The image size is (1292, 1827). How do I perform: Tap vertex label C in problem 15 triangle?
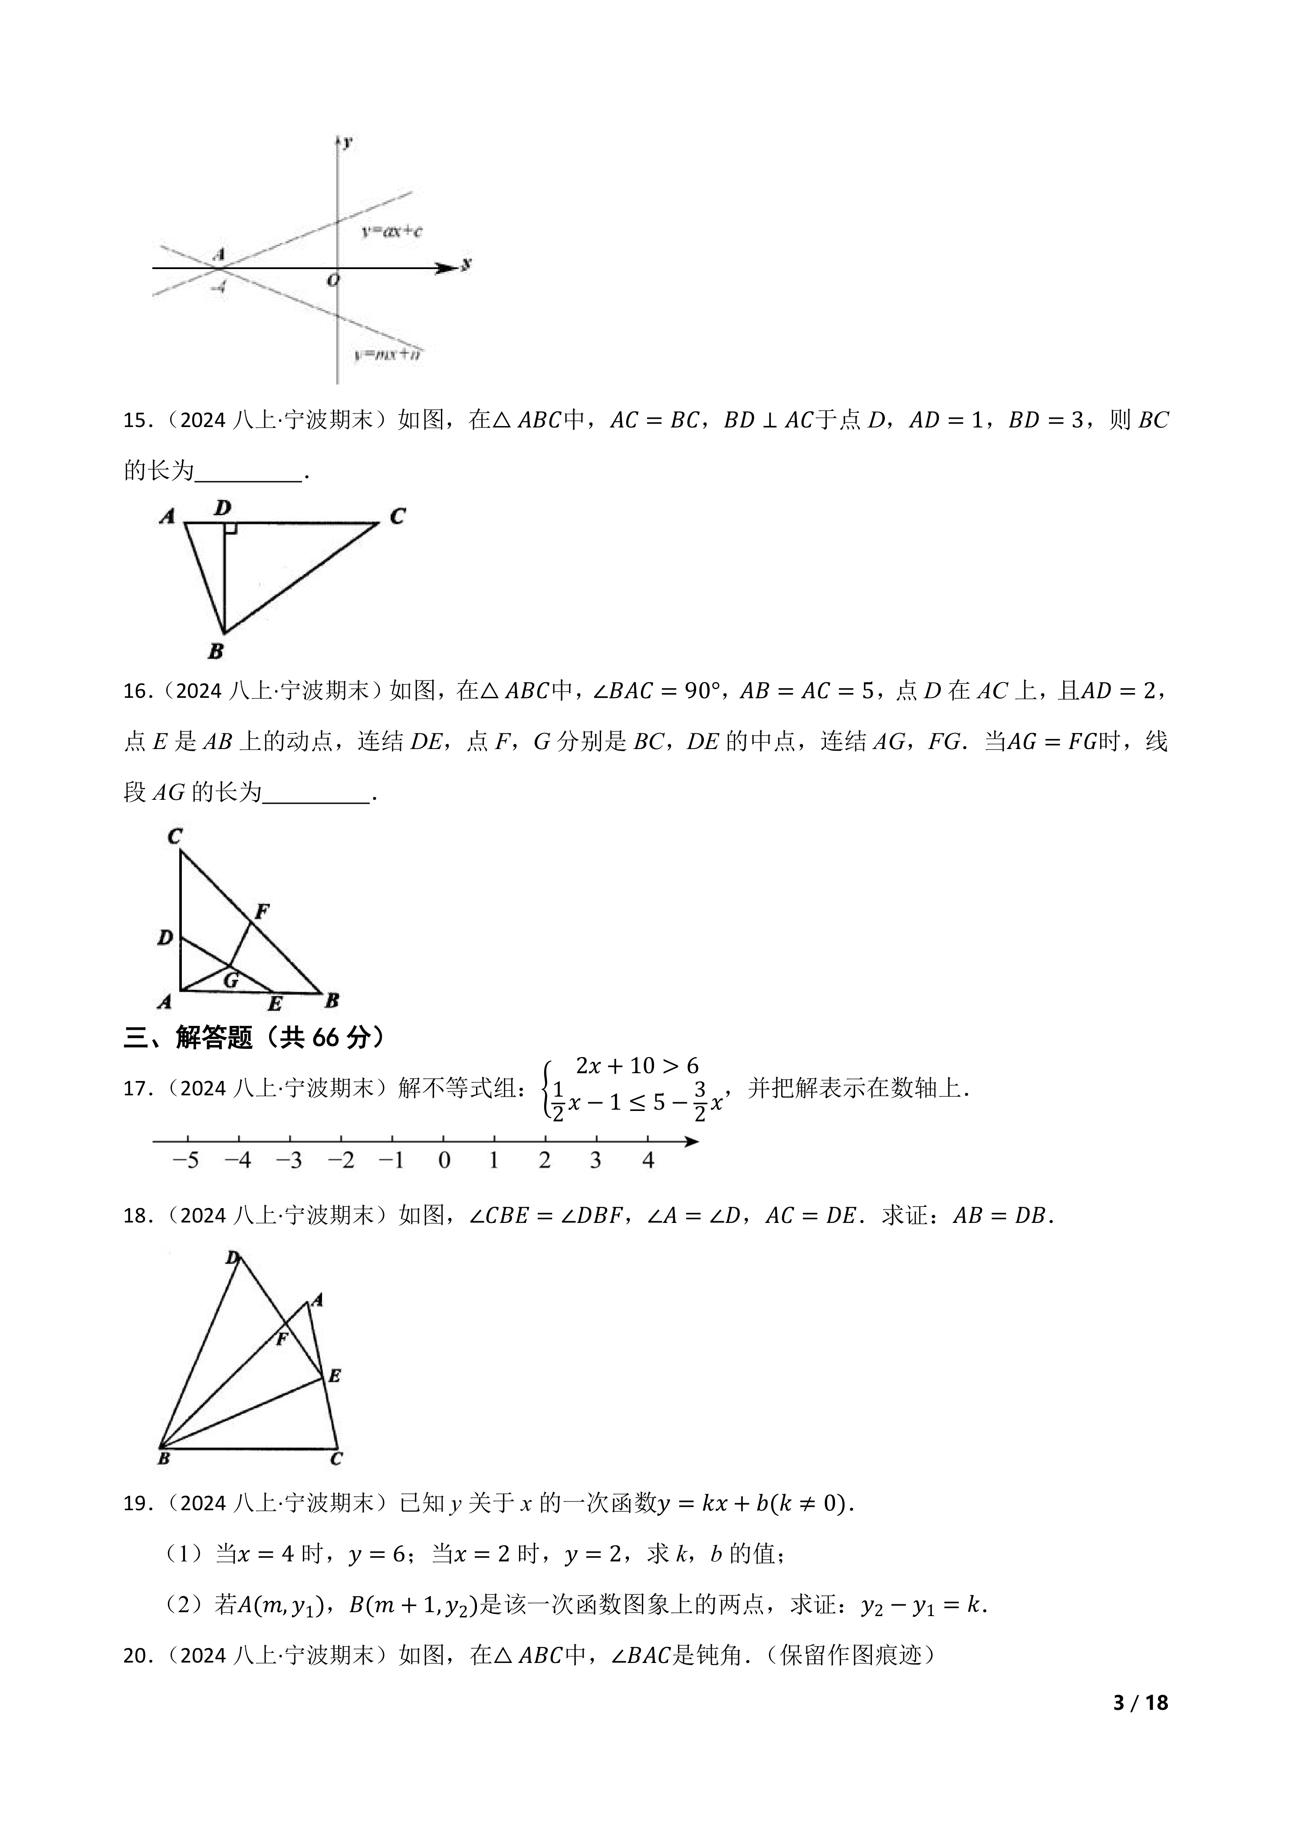coord(397,516)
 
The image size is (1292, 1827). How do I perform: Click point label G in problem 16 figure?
coord(231,980)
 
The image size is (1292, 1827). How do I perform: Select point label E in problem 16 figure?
coord(274,1004)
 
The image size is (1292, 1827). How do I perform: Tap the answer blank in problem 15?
coord(248,471)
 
